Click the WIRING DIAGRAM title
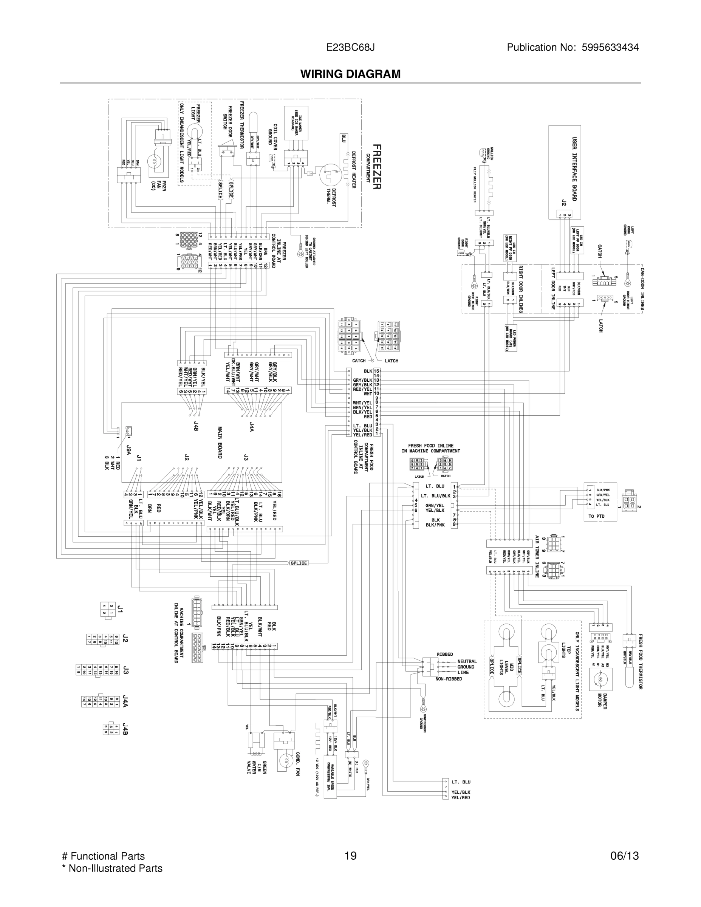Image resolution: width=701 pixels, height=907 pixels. point(351,74)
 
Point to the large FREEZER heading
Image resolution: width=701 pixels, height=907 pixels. point(376,167)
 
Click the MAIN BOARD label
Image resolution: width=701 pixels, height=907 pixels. point(220,442)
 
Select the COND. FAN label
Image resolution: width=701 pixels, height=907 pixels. point(298,764)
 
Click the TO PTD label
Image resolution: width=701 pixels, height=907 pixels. point(596,516)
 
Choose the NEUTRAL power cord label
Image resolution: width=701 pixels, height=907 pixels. point(467,662)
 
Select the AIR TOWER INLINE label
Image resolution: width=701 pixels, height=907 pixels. point(537,556)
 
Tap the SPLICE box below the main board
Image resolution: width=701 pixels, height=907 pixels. point(299,563)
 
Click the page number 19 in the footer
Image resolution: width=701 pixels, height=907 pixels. point(351,856)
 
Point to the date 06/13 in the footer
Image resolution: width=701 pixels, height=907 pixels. point(624,856)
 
